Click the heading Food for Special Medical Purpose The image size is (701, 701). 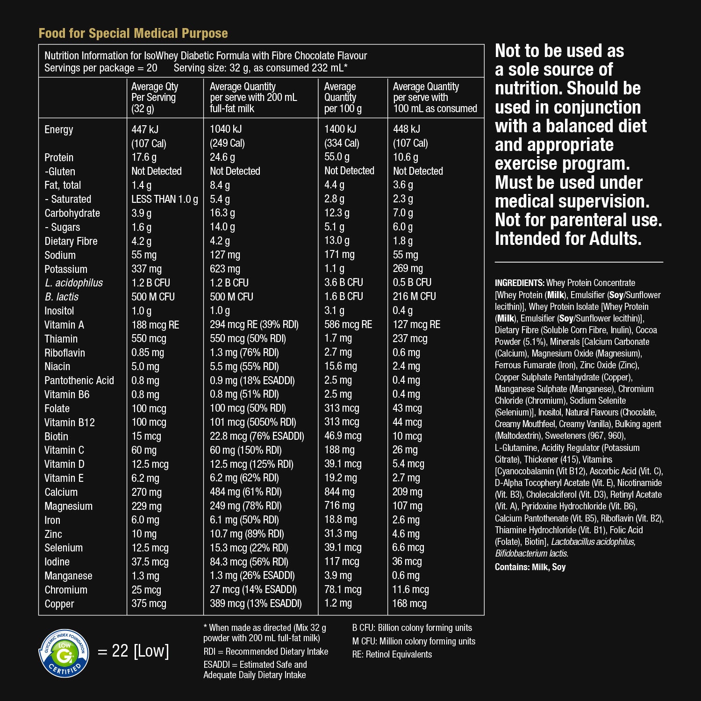pos(133,34)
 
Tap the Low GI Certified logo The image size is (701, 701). pos(64,653)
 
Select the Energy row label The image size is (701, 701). pos(59,129)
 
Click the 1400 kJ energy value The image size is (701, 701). pos(340,129)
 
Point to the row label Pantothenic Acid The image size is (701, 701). pos(79,380)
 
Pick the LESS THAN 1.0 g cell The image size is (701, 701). pos(165,199)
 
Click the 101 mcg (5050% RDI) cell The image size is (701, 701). pos(253,422)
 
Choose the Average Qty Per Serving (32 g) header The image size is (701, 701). pos(155,97)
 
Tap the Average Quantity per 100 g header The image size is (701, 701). pos(343,97)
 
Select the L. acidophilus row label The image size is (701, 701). pos(73,283)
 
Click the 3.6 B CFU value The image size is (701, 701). pos(343,282)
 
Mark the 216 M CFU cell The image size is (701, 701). pos(414,296)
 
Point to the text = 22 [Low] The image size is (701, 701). pos(134,651)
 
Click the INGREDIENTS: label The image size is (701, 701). pos(519,283)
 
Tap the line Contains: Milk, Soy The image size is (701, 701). pos(530,567)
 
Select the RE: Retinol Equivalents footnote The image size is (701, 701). pos(392,654)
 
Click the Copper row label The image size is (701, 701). pos(59,604)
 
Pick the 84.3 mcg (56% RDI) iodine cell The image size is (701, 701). pos(249,562)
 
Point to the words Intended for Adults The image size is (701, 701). pos(568,239)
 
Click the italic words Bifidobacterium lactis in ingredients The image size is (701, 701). pos(531,553)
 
